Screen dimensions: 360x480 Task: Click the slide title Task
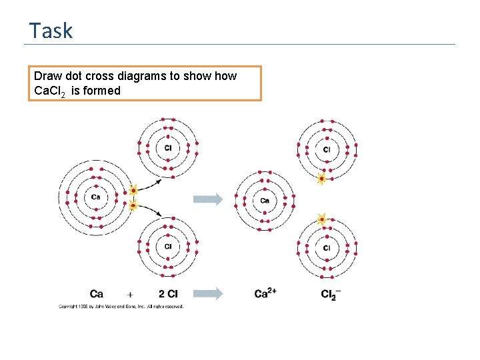click(x=51, y=31)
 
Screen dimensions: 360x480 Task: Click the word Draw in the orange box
click(x=48, y=76)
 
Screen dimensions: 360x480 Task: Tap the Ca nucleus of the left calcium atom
click(x=96, y=197)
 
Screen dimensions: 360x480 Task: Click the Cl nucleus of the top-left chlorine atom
click(x=167, y=147)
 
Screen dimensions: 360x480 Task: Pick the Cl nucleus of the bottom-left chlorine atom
click(x=167, y=247)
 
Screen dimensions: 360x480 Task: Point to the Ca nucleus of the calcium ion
click(x=265, y=201)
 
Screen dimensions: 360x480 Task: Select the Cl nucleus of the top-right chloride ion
click(x=327, y=150)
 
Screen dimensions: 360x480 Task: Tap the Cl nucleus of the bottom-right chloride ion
click(x=327, y=248)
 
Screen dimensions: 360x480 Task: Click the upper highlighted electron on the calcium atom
click(x=133, y=191)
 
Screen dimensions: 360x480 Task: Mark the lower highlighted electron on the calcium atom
click(x=133, y=206)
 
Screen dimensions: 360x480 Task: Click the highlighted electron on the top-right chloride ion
click(x=321, y=179)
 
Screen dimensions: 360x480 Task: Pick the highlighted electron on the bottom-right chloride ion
click(x=322, y=219)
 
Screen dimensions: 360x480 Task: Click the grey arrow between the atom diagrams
click(x=207, y=199)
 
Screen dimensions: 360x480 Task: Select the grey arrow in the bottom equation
click(x=208, y=293)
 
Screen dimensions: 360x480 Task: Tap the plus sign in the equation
click(x=130, y=293)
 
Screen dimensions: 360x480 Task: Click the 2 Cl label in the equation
click(x=167, y=293)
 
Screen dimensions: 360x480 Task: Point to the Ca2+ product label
click(x=266, y=293)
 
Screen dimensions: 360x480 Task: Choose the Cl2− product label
click(x=329, y=294)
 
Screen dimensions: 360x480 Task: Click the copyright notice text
click(x=121, y=306)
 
